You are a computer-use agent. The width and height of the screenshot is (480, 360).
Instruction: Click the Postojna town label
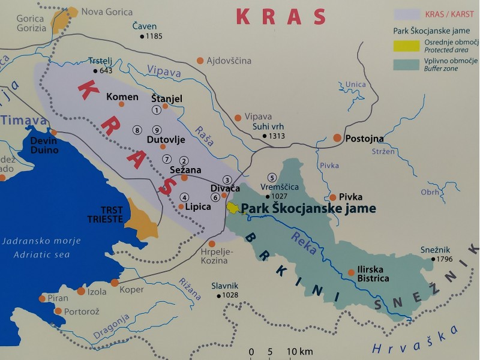[364, 139]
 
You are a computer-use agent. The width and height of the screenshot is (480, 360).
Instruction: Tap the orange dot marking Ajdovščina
[200, 61]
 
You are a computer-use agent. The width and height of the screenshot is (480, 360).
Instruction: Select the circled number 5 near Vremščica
[272, 177]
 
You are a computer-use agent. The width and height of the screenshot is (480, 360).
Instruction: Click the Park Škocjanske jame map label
[308, 209]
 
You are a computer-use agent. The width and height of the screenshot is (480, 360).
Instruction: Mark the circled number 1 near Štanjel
[157, 109]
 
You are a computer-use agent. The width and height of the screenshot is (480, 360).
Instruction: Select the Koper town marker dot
[115, 282]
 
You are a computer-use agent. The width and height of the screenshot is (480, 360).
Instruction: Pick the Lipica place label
[199, 206]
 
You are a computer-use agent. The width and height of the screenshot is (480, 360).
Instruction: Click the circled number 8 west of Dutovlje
[137, 130]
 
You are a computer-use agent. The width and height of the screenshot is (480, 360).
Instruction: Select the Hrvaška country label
[415, 340]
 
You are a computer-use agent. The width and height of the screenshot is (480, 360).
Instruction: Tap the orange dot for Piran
[41, 298]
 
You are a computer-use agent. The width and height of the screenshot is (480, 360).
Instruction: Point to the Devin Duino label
[44, 145]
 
